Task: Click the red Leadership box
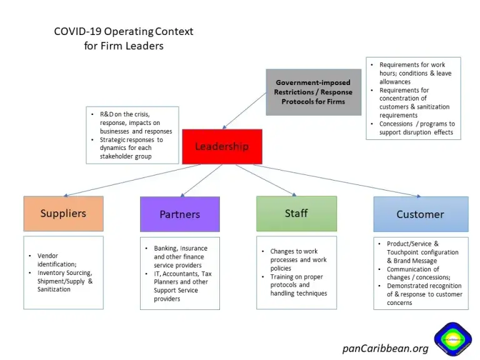222,146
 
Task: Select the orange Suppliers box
63,213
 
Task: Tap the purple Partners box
179,214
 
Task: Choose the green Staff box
296,213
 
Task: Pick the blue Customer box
420,214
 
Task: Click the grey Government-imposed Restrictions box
313,92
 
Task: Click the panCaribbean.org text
385,348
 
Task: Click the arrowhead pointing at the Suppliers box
65,195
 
